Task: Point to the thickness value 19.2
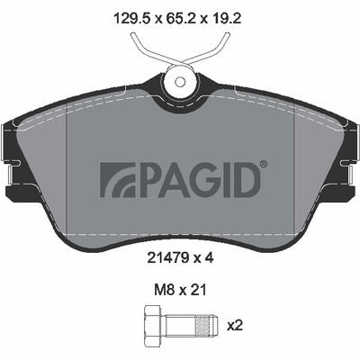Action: tap(228, 15)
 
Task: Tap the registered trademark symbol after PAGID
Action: tap(262, 165)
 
